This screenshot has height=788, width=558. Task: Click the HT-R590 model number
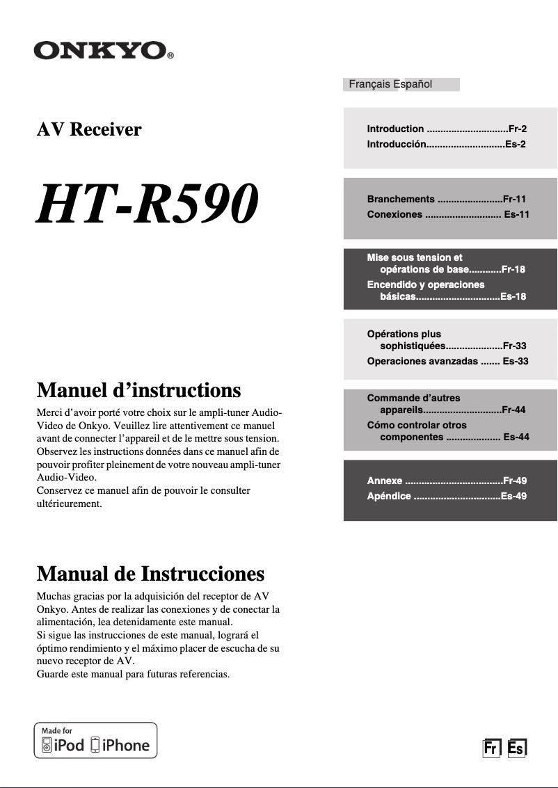coord(147,203)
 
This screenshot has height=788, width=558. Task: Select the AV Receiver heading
coord(89,129)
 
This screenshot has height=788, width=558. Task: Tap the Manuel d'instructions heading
coord(138,389)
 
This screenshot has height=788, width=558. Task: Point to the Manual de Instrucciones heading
coord(150,574)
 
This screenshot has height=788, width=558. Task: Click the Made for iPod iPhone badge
coord(96,740)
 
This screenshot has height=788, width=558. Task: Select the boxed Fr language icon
coord(492,748)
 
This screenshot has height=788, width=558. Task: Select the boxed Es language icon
coord(517,748)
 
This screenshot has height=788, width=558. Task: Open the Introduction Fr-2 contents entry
coord(447,129)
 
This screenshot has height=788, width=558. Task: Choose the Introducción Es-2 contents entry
coord(446,144)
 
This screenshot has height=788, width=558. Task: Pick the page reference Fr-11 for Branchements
coord(514,199)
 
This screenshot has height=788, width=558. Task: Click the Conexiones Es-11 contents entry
coord(448,214)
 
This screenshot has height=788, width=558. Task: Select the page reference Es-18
coord(513,296)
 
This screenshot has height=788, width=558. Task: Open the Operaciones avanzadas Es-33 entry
coord(447,361)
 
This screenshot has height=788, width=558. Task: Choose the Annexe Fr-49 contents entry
coord(447,481)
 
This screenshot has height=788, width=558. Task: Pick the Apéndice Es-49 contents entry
coord(447,496)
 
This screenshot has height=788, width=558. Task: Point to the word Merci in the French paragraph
coord(50,414)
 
